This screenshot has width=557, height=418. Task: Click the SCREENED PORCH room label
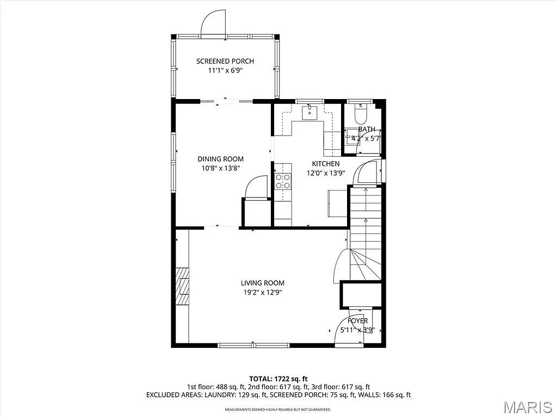(x=225, y=61)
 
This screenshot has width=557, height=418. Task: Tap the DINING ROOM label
(x=220, y=159)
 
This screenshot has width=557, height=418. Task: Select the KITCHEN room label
(x=325, y=164)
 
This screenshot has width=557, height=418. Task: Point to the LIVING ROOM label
(x=263, y=283)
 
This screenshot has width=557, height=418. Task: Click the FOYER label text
(x=357, y=321)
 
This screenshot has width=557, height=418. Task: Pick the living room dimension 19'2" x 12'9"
(x=263, y=292)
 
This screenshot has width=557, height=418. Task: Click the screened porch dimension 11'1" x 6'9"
(x=225, y=70)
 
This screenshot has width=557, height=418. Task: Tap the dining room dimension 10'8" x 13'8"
(x=220, y=168)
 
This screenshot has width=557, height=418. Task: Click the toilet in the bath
(x=360, y=114)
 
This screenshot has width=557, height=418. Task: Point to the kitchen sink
(x=310, y=113)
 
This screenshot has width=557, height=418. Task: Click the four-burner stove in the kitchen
(x=282, y=181)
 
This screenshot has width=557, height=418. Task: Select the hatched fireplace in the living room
(x=182, y=285)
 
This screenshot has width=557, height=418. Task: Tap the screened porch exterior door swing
(x=213, y=23)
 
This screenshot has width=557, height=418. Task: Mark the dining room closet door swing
(x=256, y=188)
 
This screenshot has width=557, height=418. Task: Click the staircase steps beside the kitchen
(x=366, y=223)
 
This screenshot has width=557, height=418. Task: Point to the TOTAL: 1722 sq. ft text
(x=278, y=378)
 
